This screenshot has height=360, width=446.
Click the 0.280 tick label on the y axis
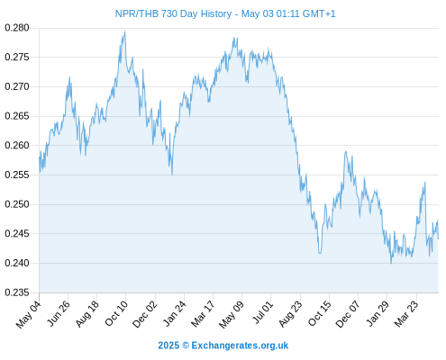tap(17, 28)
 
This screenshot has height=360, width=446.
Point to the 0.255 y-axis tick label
tap(17, 175)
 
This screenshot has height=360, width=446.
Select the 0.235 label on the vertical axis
tap(17, 292)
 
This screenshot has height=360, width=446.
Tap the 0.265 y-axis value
tap(17, 116)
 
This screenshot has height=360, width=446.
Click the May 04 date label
tap(29, 314)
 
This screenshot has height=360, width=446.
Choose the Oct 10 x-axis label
tap(116, 313)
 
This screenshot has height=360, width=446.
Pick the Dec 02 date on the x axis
tap(145, 314)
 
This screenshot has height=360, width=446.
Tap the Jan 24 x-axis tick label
tap(174, 313)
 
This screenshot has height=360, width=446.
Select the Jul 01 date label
tap(263, 312)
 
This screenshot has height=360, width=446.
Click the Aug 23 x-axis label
tap(290, 314)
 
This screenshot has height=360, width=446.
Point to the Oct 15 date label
tap(320, 313)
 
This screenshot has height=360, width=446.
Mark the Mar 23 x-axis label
tap(406, 314)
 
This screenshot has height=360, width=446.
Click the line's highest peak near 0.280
tap(125, 31)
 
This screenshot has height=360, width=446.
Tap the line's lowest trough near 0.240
tap(391, 263)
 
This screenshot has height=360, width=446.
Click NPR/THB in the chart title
tap(137, 13)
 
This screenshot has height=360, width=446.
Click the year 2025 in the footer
tap(168, 346)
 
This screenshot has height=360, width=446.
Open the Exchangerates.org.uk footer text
tap(240, 346)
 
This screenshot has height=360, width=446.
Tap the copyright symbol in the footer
tap(186, 346)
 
